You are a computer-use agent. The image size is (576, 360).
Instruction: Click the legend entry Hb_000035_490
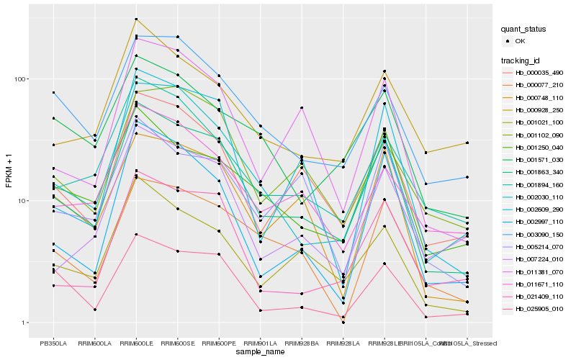[539, 73]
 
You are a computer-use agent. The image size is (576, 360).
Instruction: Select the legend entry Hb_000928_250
[539, 109]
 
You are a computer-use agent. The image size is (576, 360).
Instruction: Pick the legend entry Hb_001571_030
[539, 159]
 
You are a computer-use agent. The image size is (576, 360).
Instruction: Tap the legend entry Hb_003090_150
[539, 234]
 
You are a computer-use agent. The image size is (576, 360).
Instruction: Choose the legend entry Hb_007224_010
[539, 258]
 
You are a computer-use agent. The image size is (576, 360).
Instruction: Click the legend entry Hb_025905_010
[539, 308]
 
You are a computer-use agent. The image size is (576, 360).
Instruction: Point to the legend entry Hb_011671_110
[539, 284]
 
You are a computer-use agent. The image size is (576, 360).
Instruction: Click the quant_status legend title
[523, 30]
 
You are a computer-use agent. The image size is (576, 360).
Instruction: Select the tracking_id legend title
[521, 60]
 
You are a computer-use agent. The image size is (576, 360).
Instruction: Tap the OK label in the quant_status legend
[520, 42]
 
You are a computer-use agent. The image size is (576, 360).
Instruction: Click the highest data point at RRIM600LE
[136, 19]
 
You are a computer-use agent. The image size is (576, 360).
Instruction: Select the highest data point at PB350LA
[53, 93]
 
